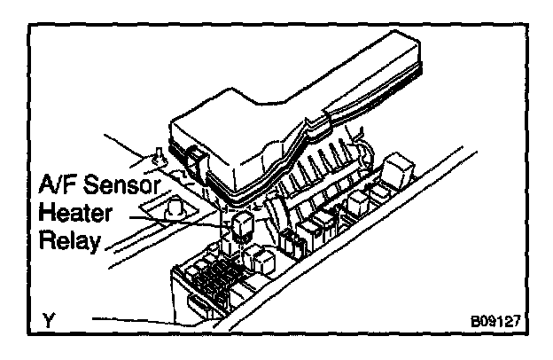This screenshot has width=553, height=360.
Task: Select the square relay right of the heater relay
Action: coord(261,260)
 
